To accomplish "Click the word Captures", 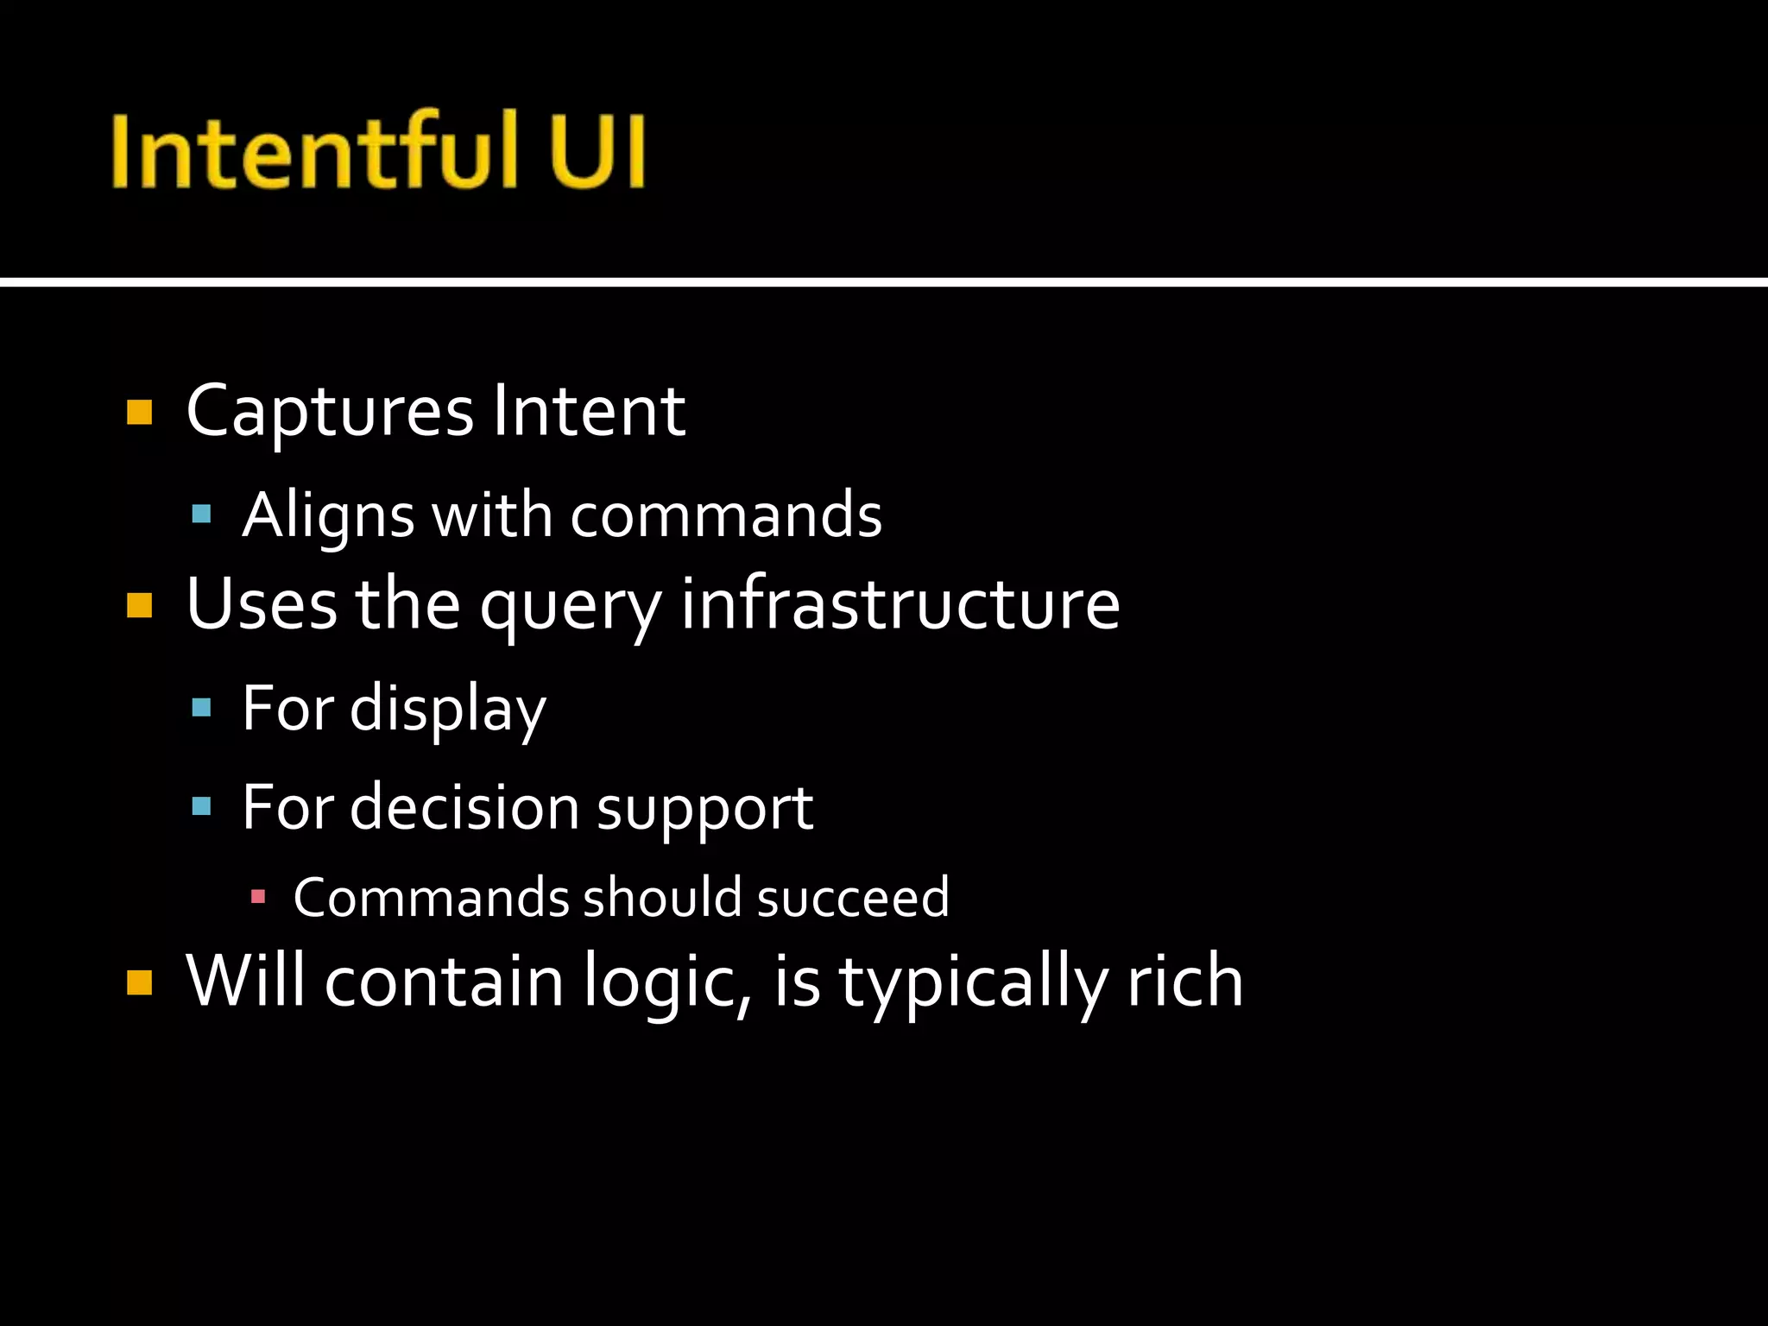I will pos(330,412).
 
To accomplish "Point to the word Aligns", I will pos(328,516).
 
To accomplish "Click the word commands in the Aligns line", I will pos(726,515).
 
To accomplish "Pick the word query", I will pos(571,606).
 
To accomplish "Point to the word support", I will pos(704,810).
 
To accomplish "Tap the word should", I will pos(663,897).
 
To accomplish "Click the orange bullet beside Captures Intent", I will pos(139,412).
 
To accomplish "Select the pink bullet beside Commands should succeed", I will pos(257,897).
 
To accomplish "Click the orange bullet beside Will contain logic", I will pos(139,982).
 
